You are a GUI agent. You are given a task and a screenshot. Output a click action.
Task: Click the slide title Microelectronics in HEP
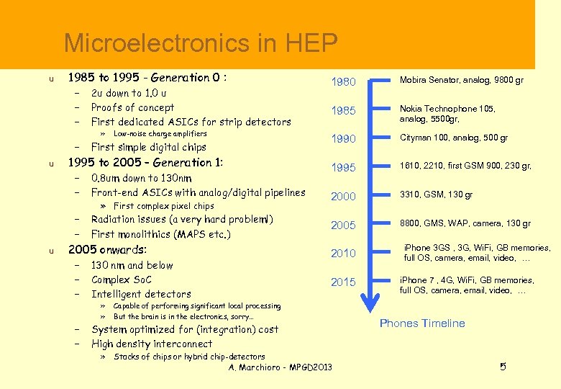tap(201, 44)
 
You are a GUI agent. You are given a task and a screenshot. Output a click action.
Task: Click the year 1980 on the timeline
tap(343, 82)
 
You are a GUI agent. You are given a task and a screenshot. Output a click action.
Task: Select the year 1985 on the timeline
tap(343, 111)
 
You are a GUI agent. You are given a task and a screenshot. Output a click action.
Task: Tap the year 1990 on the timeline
tap(343, 138)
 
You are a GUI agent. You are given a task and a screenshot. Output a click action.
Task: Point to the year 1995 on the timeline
tap(343, 167)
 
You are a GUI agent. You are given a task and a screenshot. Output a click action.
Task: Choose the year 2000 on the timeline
tap(343, 196)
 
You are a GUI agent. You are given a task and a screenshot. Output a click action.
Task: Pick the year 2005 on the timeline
tap(343, 225)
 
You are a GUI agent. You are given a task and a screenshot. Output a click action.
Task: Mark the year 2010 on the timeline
tap(343, 254)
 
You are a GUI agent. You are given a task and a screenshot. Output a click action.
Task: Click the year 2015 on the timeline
tap(343, 282)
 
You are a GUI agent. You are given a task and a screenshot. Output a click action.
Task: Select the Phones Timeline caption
tap(422, 323)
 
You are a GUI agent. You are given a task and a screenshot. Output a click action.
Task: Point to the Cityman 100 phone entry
tap(454, 138)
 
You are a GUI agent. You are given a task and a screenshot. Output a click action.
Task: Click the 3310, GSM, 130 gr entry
tap(437, 194)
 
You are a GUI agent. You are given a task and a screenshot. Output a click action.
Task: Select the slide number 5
tap(503, 367)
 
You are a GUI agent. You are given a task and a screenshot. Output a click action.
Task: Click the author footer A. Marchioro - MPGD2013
tap(280, 367)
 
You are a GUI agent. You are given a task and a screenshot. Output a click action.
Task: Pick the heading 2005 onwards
tap(107, 250)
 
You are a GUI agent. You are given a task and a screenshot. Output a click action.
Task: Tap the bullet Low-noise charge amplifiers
tap(160, 134)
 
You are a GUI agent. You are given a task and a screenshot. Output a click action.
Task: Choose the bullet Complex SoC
tap(122, 280)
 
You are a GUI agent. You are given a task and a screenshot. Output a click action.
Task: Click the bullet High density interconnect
tap(152, 344)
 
